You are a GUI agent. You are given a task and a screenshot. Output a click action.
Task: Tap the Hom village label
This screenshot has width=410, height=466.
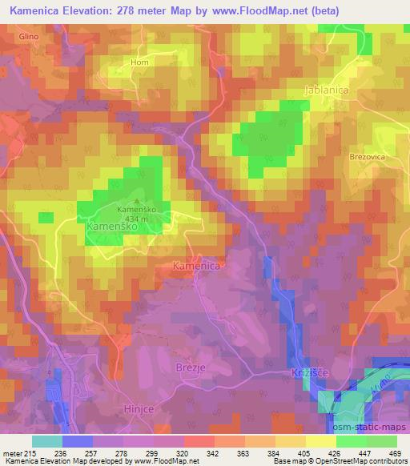coord(140,62)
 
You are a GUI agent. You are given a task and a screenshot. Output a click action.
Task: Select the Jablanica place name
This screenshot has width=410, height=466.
coord(327,90)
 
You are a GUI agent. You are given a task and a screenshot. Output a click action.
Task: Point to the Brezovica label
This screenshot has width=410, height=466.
coord(368,158)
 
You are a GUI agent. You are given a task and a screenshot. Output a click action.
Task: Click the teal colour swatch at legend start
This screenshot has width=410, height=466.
coord(47,441)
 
